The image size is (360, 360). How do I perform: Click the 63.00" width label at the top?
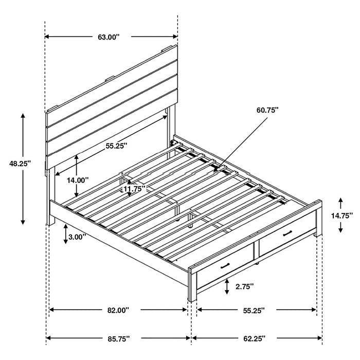(108, 37)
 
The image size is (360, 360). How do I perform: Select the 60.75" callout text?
(267, 110)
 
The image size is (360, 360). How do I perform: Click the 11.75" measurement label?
(135, 189)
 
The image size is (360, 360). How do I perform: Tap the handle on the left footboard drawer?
(224, 266)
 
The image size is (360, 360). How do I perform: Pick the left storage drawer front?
(226, 270)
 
